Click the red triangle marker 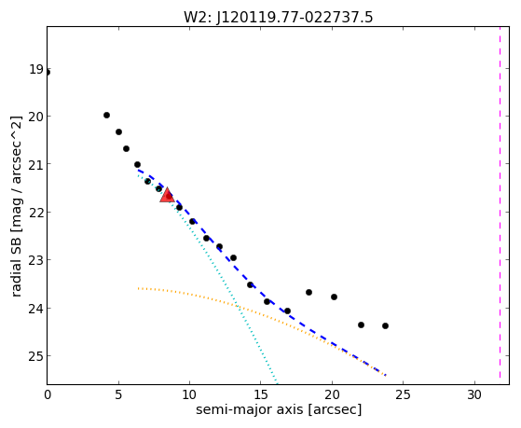tap(167, 195)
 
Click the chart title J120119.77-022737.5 tap(295, 18)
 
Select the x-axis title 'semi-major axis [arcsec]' tap(279, 409)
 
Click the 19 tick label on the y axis tap(36, 69)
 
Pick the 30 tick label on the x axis tap(474, 394)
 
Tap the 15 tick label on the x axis tap(261, 394)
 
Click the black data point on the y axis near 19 tap(48, 72)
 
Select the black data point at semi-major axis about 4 tap(106, 115)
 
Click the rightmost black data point tap(385, 325)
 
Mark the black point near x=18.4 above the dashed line tap(308, 292)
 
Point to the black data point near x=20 tap(334, 297)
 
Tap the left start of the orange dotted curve tap(139, 288)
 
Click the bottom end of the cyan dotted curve tap(277, 383)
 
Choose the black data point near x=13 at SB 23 tap(233, 257)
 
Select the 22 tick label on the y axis tap(36, 213)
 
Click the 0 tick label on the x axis tap(48, 394)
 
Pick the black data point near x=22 tap(362, 324)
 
